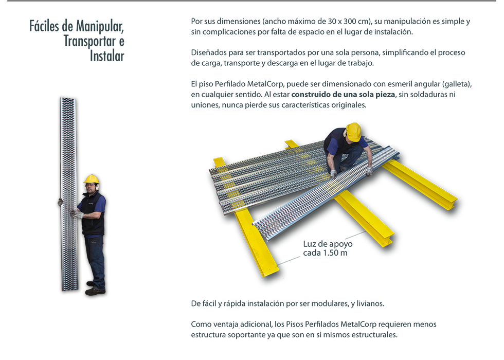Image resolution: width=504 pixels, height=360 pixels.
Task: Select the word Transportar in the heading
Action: pos(89,41)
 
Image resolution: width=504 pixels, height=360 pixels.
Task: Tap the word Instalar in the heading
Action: pos(107,56)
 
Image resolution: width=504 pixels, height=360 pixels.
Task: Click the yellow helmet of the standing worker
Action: pos(92,179)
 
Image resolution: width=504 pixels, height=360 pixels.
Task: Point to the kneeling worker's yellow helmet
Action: pos(353,132)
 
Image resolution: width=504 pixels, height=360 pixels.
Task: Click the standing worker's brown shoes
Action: pos(96,289)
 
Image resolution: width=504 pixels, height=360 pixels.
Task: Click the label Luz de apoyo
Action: pos(328,244)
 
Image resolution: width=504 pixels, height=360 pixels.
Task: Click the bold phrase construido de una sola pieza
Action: pos(343,95)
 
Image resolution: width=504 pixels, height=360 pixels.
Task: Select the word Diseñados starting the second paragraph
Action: pos(207,52)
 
